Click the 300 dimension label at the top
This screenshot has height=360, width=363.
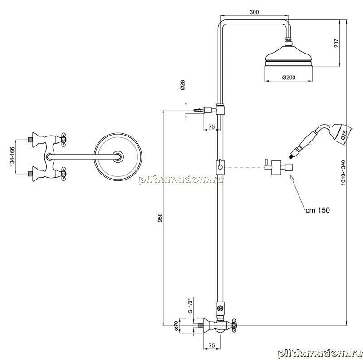pos(254,12)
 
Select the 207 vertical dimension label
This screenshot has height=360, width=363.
pos(336,43)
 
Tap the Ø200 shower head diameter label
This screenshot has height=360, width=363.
pos(289,77)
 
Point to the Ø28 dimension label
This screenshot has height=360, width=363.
pos(182,85)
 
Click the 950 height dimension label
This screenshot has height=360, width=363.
pos(160,218)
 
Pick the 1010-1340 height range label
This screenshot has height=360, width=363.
pos(343,172)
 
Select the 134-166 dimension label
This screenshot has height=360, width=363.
pos(12,156)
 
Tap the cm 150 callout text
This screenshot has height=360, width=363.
pos(317,210)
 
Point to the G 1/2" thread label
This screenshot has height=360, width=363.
pos(190,306)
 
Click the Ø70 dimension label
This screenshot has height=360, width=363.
pos(176,326)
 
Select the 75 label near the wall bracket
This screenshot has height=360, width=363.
pos(211,126)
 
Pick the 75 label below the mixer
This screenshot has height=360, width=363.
pos(211,345)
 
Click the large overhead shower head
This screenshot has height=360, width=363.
pos(289,57)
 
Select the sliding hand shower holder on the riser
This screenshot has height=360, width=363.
pos(220,166)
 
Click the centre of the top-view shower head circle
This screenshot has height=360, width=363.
pos(118,156)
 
